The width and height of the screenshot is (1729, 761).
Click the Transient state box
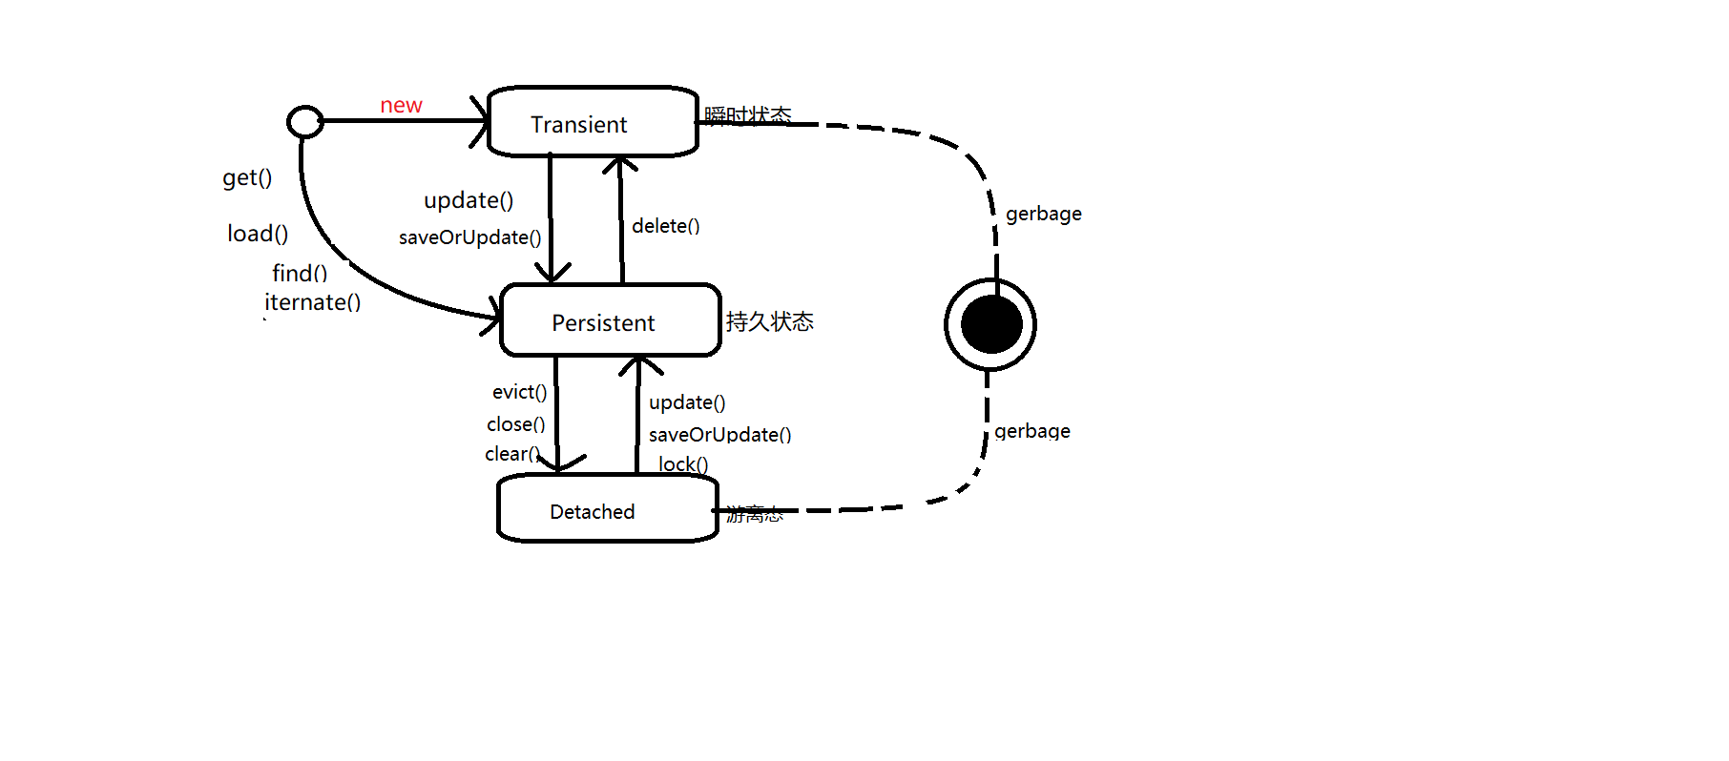click(x=593, y=122)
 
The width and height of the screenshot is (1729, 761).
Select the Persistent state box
click(x=610, y=320)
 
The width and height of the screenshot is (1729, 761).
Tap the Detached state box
click(x=607, y=509)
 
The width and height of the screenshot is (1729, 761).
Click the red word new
click(x=401, y=105)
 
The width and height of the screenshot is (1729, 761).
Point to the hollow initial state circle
click(x=305, y=121)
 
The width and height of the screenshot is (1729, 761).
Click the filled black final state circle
click(x=991, y=324)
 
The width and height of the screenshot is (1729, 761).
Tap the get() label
click(x=247, y=177)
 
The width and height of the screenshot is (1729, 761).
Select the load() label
click(x=258, y=234)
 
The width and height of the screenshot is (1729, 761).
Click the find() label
click(x=300, y=273)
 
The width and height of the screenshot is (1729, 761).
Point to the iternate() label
click(x=312, y=302)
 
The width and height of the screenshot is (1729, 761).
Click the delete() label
click(x=665, y=226)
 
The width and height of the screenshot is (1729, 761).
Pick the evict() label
click(x=519, y=392)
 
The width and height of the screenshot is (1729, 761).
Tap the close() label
click(x=515, y=423)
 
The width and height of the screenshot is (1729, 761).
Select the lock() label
click(x=683, y=464)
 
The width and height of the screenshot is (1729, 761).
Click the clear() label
click(x=511, y=454)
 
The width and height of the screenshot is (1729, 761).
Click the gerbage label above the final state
click(x=1043, y=214)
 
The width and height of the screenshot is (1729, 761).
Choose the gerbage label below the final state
click(x=1031, y=431)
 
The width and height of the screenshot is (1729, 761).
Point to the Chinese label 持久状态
click(x=769, y=321)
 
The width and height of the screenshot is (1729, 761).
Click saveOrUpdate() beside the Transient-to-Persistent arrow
click(x=469, y=237)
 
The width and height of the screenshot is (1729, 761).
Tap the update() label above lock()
click(x=687, y=402)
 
